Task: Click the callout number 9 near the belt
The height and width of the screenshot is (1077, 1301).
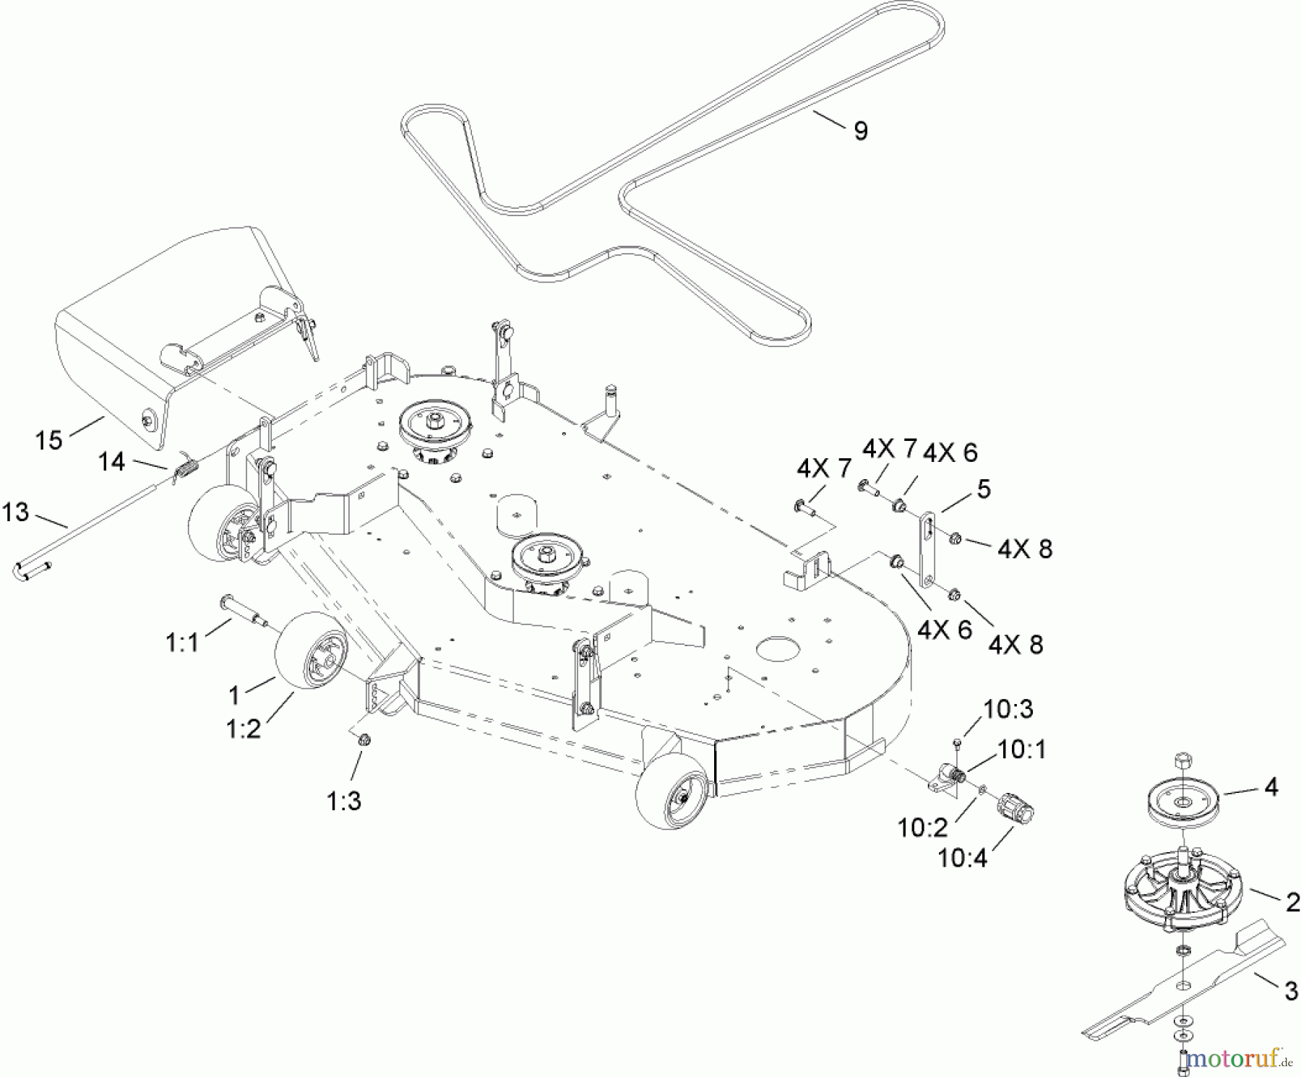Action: (860, 131)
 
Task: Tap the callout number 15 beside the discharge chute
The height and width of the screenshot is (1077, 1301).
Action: (49, 439)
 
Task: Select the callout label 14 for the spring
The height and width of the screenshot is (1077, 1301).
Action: (111, 461)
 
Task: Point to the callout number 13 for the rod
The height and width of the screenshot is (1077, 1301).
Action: (16, 512)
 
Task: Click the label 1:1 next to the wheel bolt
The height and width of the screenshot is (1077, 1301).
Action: (182, 642)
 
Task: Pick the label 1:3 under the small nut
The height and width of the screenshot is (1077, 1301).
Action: (344, 801)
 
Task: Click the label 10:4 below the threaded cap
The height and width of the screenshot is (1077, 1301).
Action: (962, 858)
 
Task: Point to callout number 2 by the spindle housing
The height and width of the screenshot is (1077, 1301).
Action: (1292, 901)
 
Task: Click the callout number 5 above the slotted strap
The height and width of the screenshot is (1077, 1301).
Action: (983, 489)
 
